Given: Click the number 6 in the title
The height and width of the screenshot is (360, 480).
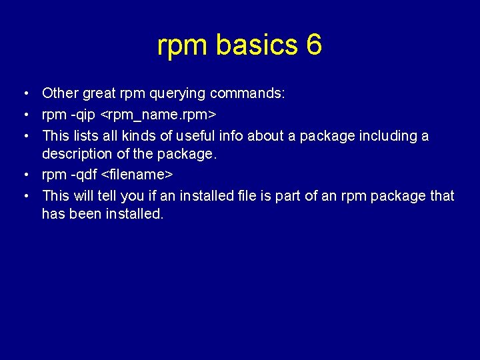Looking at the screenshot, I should tap(314, 45).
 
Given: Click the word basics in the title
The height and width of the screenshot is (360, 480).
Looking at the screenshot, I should tap(257, 45).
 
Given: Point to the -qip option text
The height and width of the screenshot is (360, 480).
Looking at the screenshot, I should tap(81, 115).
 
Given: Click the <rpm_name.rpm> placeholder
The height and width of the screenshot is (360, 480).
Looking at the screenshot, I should tap(160, 115).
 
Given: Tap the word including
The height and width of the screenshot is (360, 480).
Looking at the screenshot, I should tap(387, 136).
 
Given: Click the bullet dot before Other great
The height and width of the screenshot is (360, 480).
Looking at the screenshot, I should tap(24, 94).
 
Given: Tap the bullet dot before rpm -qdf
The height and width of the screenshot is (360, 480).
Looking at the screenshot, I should tap(24, 175).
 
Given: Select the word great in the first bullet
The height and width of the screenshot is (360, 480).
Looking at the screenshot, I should tap(99, 94).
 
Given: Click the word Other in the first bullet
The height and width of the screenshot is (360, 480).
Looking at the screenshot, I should tap(59, 94).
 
